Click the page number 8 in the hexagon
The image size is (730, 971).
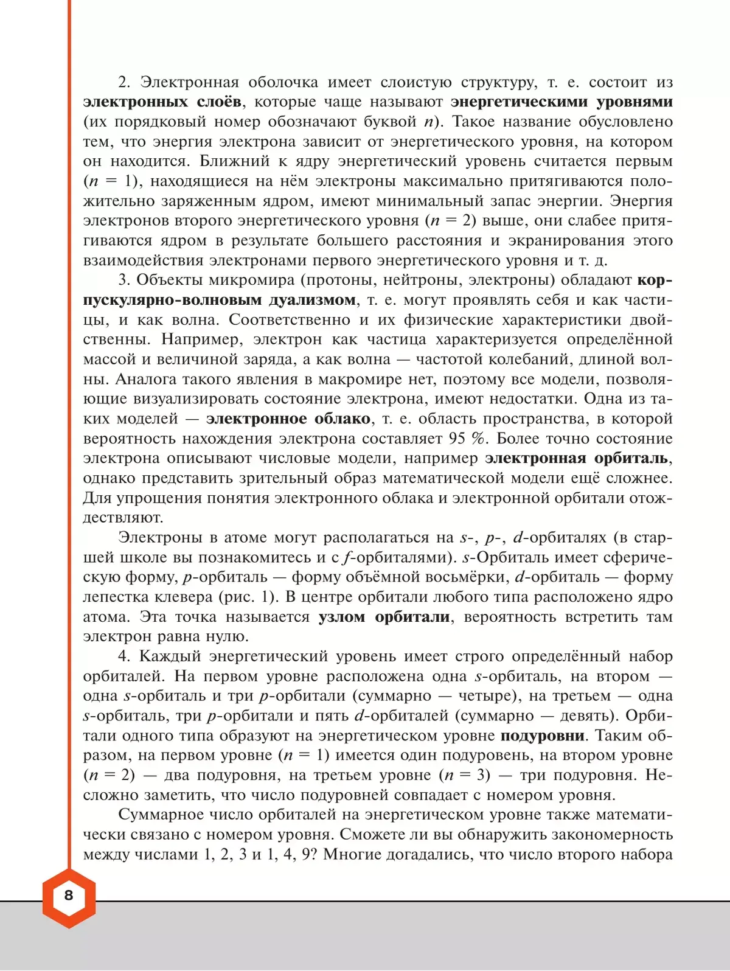coord(68,895)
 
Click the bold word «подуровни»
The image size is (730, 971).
coord(542,736)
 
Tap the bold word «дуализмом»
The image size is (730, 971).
coord(312,300)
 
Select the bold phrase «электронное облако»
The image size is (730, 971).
coord(288,419)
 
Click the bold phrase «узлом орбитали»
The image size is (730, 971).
coord(384,617)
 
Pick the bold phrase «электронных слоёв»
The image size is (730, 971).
coord(162,102)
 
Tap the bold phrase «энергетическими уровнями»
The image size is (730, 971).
coord(561,102)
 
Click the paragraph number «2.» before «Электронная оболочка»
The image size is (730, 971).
coord(125,82)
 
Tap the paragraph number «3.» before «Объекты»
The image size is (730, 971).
coord(125,280)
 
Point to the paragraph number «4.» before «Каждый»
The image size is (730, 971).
coord(125,656)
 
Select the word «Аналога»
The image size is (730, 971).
coord(144,379)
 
